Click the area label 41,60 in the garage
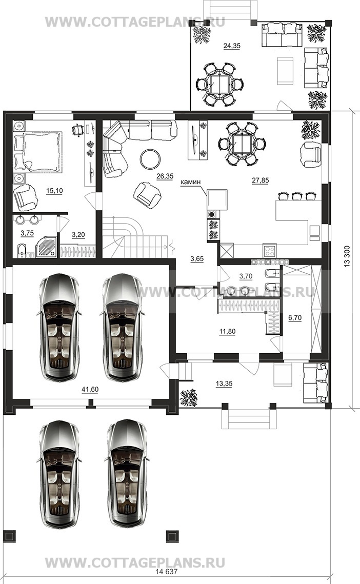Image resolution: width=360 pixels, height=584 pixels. pyautogui.click(x=90, y=390)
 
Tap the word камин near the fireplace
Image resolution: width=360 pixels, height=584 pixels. pyautogui.click(x=191, y=182)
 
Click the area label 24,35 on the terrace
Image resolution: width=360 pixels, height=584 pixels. pyautogui.click(x=232, y=46)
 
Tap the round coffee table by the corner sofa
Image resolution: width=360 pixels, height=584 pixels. pyautogui.click(x=151, y=159)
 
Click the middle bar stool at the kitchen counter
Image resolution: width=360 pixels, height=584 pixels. pyautogui.click(x=297, y=196)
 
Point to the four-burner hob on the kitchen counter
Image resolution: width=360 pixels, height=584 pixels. pyautogui.click(x=269, y=250)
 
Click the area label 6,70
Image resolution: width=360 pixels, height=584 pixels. pyautogui.click(x=295, y=318)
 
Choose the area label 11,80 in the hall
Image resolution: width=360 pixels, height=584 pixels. pyautogui.click(x=227, y=331)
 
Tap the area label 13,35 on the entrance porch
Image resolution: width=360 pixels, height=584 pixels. pyautogui.click(x=224, y=384)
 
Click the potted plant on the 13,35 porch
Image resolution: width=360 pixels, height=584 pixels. pyautogui.click(x=189, y=398)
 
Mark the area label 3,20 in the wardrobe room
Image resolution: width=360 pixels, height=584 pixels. pyautogui.click(x=78, y=235)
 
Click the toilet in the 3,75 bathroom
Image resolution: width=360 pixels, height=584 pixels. pyautogui.click(x=21, y=251)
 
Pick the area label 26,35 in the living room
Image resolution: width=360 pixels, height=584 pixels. pyautogui.click(x=165, y=176)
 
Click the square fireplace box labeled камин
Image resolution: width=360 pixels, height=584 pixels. pyautogui.click(x=217, y=199)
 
